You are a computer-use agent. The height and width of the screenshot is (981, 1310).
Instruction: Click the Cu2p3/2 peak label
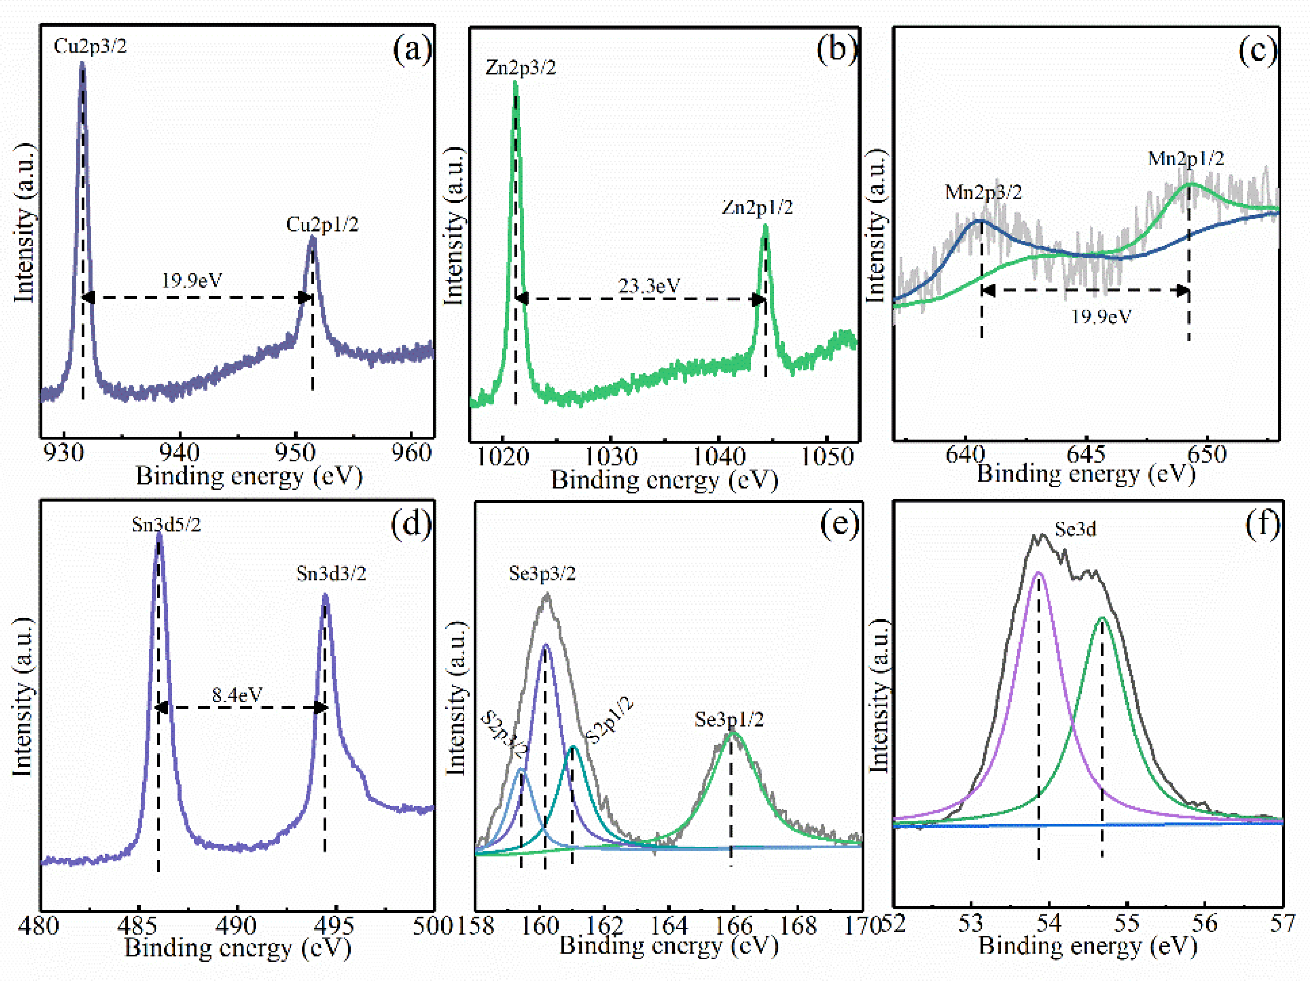pos(90,46)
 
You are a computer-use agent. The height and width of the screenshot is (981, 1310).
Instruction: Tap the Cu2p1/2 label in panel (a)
pos(322,225)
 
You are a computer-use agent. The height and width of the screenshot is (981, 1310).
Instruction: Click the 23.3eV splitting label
pos(649,286)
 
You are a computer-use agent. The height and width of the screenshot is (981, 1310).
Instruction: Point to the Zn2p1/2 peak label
pos(757,207)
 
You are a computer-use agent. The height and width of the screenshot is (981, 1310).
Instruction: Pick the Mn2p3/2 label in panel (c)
pos(983,192)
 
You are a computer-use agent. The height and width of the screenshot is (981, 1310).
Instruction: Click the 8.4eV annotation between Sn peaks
pos(237,695)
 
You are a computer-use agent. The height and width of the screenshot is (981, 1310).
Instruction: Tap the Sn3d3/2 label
pos(331,574)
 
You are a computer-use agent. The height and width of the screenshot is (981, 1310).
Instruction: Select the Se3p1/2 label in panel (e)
pos(729,720)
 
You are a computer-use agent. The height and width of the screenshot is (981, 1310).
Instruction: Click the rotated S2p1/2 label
pos(609,721)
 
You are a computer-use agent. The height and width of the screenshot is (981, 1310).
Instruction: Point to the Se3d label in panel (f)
pos(1075,529)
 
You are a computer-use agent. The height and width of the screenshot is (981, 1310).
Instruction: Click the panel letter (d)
pos(411,523)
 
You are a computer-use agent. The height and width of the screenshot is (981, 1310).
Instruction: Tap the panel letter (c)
pos(1257,51)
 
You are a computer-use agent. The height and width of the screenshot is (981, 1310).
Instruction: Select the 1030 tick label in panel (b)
pos(611,457)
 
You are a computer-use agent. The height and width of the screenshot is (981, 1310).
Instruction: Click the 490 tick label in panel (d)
pos(236,925)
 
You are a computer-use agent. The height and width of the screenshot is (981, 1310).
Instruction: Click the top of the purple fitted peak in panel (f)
pos(1038,573)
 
